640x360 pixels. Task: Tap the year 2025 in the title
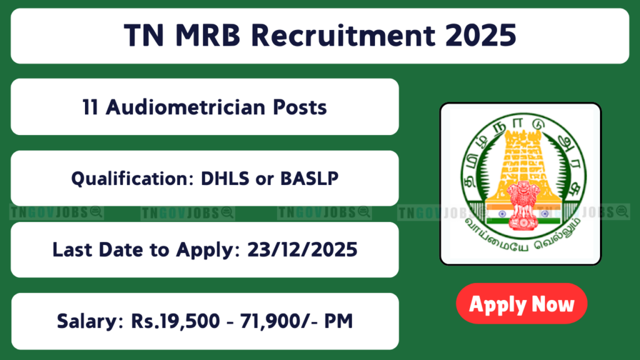(481, 36)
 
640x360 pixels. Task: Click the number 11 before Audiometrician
(90, 107)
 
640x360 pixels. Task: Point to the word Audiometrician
(185, 107)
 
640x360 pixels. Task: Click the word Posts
(300, 107)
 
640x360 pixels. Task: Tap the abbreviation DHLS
(225, 179)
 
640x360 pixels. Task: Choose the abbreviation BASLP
(309, 179)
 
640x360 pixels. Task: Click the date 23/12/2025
(302, 250)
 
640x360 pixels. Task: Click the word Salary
(90, 321)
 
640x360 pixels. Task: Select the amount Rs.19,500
(175, 321)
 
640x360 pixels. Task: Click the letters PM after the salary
(338, 321)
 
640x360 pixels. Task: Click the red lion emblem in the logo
(523, 205)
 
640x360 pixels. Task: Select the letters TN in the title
(144, 36)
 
